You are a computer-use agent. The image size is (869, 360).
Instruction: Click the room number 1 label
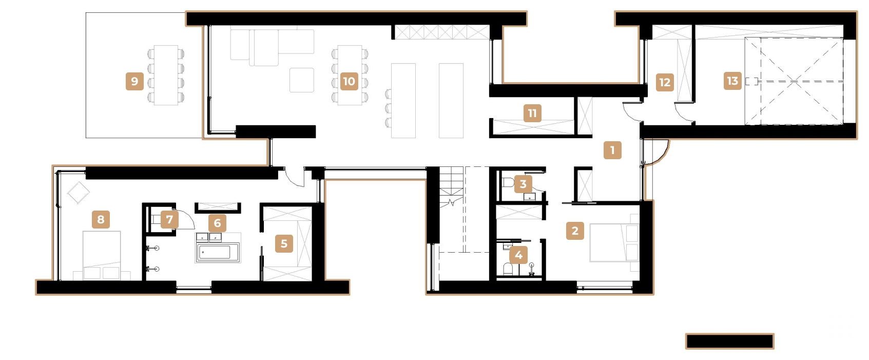click(x=612, y=150)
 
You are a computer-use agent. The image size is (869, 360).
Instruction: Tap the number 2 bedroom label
click(x=575, y=231)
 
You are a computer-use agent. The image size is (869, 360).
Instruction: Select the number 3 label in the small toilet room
click(x=523, y=184)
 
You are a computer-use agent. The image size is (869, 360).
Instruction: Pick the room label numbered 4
click(x=518, y=255)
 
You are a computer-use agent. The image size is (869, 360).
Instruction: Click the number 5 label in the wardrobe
click(x=284, y=243)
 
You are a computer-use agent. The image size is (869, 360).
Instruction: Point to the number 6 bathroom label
click(x=217, y=223)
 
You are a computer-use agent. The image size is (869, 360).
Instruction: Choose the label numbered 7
click(x=169, y=220)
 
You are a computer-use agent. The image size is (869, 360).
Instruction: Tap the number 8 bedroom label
click(x=101, y=220)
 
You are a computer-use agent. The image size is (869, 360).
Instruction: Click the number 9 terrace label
click(x=134, y=81)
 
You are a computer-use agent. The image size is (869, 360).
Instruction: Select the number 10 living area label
click(x=349, y=81)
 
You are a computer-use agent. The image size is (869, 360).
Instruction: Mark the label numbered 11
click(x=532, y=113)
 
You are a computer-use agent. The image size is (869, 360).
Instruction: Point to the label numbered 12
click(x=665, y=82)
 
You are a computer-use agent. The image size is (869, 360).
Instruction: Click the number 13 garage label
click(x=732, y=81)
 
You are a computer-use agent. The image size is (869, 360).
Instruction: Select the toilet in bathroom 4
click(x=508, y=270)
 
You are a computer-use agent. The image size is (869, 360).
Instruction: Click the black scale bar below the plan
click(x=729, y=342)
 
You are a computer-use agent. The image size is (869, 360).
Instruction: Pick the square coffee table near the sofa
click(x=301, y=80)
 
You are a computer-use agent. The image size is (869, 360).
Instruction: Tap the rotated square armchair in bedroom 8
click(x=79, y=193)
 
